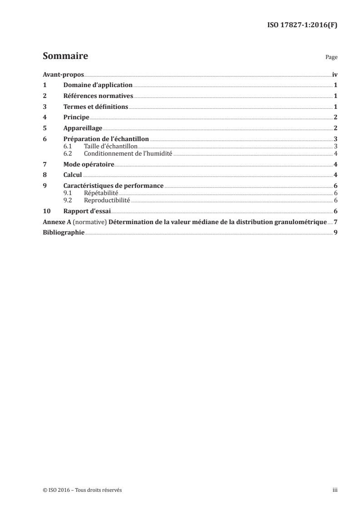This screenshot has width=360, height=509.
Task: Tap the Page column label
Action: tap(331, 58)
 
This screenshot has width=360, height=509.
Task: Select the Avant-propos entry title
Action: tap(63, 74)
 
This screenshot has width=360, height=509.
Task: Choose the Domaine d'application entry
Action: tap(98, 85)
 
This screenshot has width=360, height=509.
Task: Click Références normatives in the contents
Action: tap(98, 96)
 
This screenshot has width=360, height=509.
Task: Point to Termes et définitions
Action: tap(95, 107)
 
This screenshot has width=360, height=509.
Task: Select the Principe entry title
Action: tap(76, 117)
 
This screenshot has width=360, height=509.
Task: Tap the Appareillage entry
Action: tap(83, 128)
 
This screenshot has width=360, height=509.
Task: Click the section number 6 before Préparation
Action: tap(44, 139)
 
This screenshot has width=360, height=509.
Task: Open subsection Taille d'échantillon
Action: tap(111, 146)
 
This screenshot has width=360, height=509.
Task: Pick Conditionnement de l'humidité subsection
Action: tap(128, 153)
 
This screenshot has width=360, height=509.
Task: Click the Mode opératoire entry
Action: tap(89, 164)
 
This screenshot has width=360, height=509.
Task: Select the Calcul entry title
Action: tap(72, 175)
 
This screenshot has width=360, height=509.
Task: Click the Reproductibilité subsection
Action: tap(107, 200)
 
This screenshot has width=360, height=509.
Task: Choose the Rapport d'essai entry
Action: tap(87, 211)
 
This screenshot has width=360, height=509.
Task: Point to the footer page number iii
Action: tap(335, 490)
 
